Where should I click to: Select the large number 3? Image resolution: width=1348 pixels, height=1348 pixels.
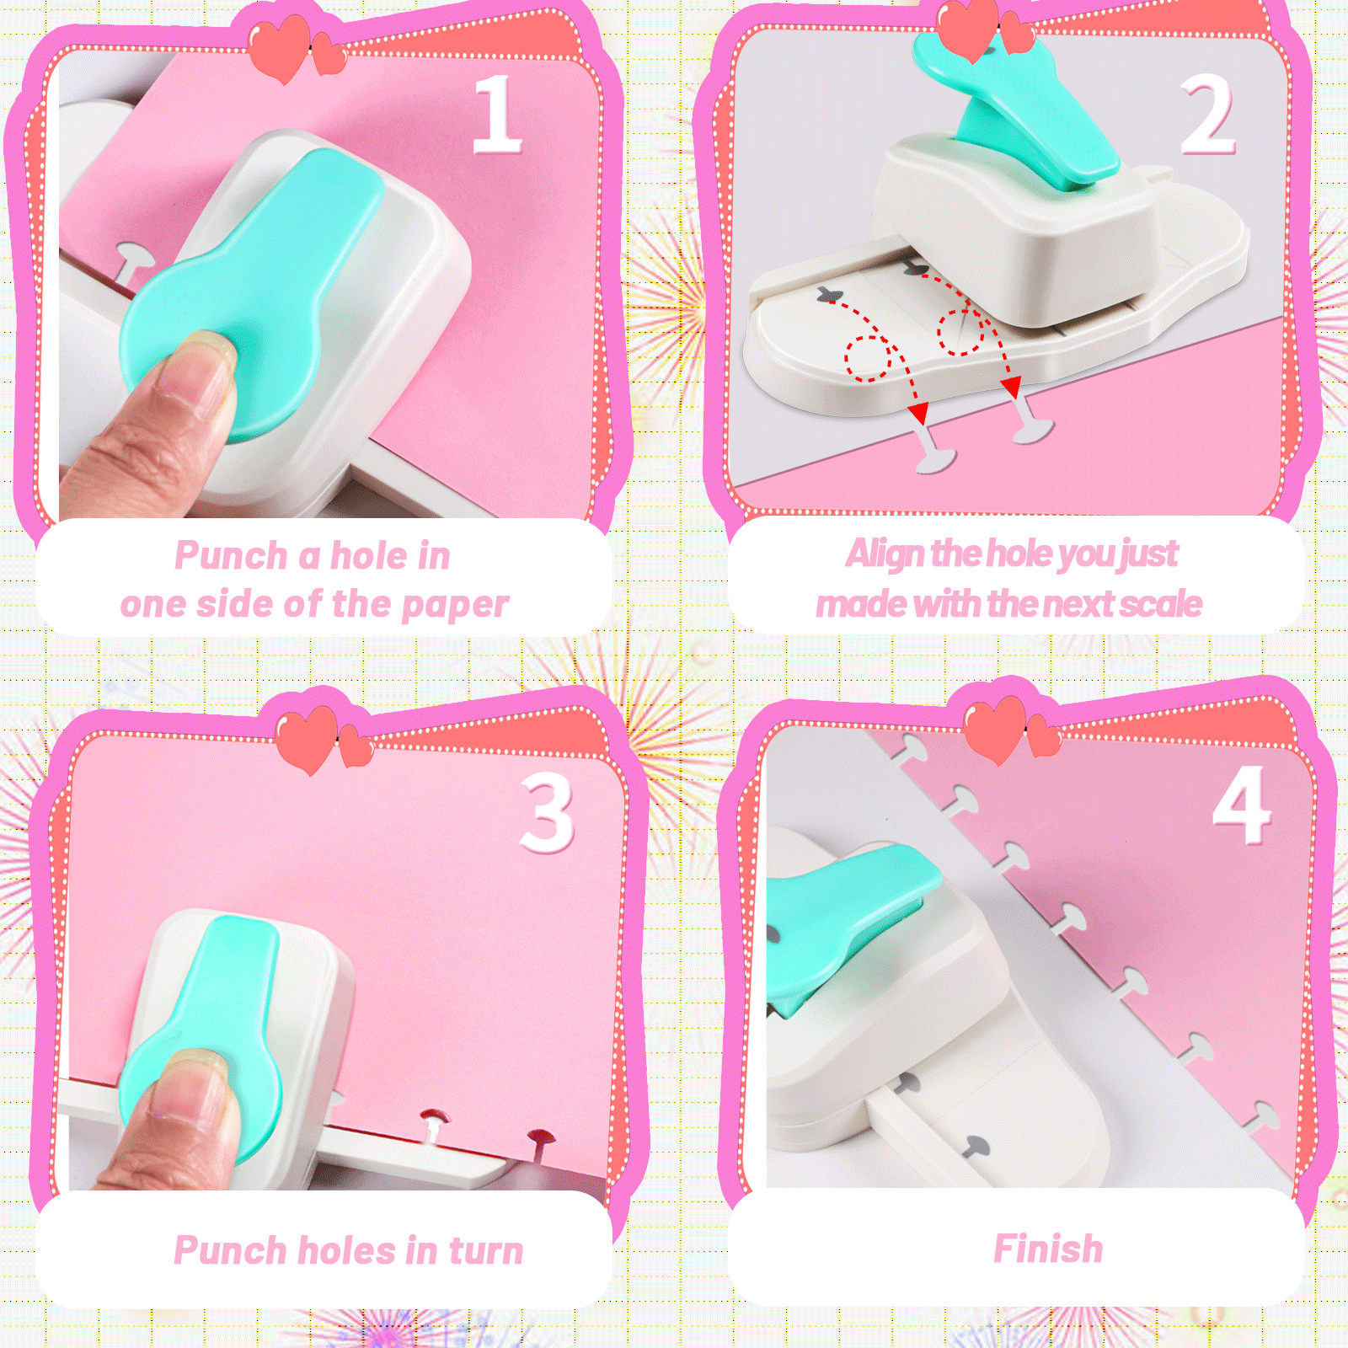[x=548, y=813]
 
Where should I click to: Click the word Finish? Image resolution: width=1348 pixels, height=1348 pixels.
[x=1048, y=1249]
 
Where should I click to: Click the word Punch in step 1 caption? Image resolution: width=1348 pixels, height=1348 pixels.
[x=231, y=556]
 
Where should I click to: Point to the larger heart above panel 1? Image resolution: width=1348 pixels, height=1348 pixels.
[x=280, y=46]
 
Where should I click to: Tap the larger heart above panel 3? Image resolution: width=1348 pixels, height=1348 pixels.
[x=308, y=737]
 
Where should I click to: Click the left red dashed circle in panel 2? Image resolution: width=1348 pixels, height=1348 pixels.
[x=868, y=358]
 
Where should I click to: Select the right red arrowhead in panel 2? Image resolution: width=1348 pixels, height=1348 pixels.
[x=1011, y=387]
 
